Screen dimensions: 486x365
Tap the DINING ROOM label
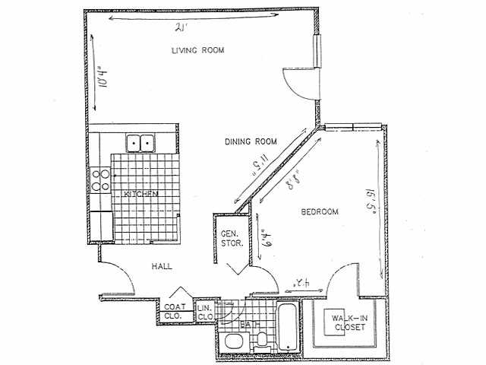pos(250,141)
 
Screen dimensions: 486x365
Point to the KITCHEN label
pos(141,195)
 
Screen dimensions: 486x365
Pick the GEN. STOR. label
pos(231,239)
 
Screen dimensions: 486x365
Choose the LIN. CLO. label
pos(205,312)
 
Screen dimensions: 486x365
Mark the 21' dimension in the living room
pos(180,29)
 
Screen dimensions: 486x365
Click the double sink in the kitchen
pos(139,142)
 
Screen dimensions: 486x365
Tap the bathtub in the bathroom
pos(288,327)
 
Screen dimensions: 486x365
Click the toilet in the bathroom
pos(262,340)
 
